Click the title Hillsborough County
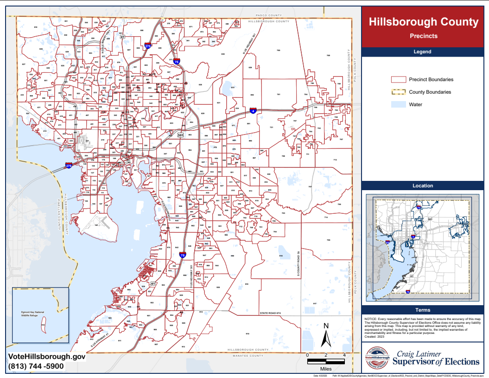pyautogui.click(x=423, y=22)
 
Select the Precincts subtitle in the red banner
pyautogui.click(x=423, y=36)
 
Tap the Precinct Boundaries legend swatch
pyautogui.click(x=398, y=79)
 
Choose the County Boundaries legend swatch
pyautogui.click(x=398, y=92)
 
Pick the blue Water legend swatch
pyautogui.click(x=398, y=104)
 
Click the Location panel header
pyautogui.click(x=423, y=186)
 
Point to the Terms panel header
pyautogui.click(x=423, y=310)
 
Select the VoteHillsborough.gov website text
pyautogui.click(x=47, y=357)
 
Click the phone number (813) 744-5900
pyautogui.click(x=36, y=366)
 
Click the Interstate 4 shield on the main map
pyautogui.click(x=253, y=111)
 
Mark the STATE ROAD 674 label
pyautogui.click(x=271, y=314)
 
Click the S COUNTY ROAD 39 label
pyautogui.click(x=299, y=264)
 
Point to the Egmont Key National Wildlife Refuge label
pyautogui.click(x=26, y=314)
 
